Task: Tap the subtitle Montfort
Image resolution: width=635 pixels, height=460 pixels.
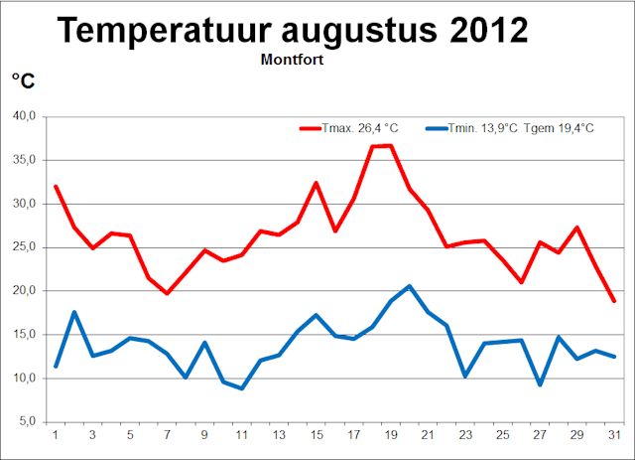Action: (293, 59)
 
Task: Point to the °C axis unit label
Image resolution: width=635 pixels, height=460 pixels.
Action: (22, 80)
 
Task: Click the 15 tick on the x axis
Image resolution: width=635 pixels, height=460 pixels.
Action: (316, 434)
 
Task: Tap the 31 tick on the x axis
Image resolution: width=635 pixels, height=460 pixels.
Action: (613, 434)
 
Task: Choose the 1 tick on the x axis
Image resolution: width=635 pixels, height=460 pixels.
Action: (56, 434)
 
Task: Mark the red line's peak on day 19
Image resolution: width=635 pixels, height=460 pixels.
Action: (390, 146)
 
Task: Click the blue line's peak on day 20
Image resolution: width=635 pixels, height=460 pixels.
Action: (409, 286)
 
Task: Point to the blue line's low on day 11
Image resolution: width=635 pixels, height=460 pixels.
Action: (241, 388)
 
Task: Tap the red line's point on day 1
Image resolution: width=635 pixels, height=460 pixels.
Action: (56, 186)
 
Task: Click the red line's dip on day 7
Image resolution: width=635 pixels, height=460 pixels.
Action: (167, 293)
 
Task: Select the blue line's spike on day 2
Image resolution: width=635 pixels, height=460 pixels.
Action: (74, 312)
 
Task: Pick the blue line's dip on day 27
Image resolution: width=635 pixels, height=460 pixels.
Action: (539, 384)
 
